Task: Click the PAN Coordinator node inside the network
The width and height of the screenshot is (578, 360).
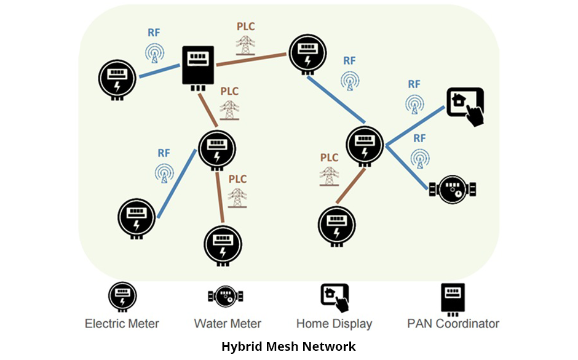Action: (197, 67)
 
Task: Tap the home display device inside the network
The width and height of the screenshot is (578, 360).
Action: (465, 106)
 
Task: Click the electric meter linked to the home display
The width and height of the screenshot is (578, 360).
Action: (365, 145)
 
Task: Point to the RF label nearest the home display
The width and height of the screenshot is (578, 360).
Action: (414, 84)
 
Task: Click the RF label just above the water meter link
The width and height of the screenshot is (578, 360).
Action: (419, 138)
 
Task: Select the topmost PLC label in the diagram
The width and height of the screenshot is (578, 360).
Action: (246, 27)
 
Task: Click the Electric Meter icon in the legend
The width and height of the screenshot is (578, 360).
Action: (122, 296)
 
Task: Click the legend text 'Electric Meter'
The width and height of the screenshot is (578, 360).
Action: (122, 324)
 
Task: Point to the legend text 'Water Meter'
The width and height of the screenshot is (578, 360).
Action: (228, 324)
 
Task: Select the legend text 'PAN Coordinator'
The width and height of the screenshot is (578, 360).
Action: (453, 324)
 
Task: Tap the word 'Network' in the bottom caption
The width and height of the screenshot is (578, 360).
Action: (330, 346)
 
